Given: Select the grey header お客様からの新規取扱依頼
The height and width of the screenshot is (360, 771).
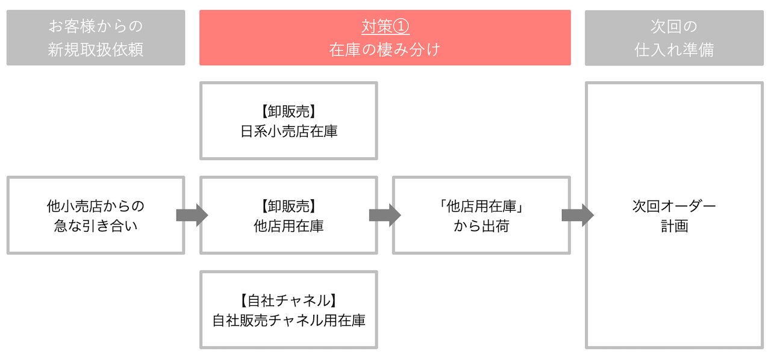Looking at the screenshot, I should pos(95,37).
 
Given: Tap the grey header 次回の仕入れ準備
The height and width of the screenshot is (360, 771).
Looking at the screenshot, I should pos(674,37).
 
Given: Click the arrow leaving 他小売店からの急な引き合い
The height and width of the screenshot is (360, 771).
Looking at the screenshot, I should pos(192,215).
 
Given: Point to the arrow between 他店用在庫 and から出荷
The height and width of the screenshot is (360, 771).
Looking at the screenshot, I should pos(385,215).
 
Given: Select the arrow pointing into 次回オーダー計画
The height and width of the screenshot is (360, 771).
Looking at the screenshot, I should pos(577,215).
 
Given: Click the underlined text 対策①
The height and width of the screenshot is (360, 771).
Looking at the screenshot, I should pos(385,27).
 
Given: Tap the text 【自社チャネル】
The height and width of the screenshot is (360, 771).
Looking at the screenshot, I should pos(289,300).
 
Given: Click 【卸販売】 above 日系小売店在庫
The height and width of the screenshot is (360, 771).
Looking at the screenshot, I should pos(289,111).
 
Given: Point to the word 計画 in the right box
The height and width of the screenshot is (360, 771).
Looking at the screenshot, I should pos(674,227).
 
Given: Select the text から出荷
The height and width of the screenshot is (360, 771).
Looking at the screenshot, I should pos(481,227).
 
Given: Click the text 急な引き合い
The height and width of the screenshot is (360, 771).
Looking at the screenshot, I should pos(95,227).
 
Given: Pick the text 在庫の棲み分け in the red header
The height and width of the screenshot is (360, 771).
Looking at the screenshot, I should pos(385,49).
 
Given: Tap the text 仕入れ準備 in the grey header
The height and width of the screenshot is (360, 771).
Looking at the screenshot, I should pos(674,49).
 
